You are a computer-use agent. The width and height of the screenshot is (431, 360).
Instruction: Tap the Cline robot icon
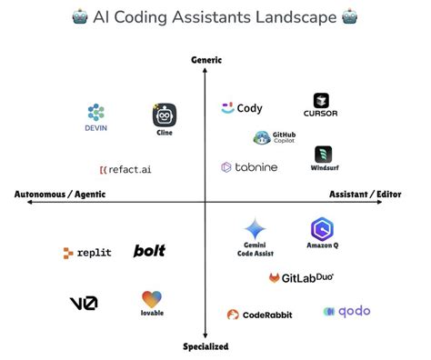(165, 115)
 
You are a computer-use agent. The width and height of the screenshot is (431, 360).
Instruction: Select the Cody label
(248, 108)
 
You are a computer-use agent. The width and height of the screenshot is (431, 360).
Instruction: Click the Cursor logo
(321, 101)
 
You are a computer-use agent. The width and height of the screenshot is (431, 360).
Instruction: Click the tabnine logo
(249, 167)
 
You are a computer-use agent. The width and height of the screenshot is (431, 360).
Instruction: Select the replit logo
(87, 252)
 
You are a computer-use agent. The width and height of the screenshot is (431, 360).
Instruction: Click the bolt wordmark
(149, 251)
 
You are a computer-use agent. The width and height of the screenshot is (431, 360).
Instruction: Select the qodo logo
(346, 312)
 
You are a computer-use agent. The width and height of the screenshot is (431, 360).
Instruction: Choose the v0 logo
(84, 303)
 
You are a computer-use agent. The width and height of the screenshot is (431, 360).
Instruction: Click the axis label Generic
(206, 60)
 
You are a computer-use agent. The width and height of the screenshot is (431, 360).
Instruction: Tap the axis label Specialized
(205, 346)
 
